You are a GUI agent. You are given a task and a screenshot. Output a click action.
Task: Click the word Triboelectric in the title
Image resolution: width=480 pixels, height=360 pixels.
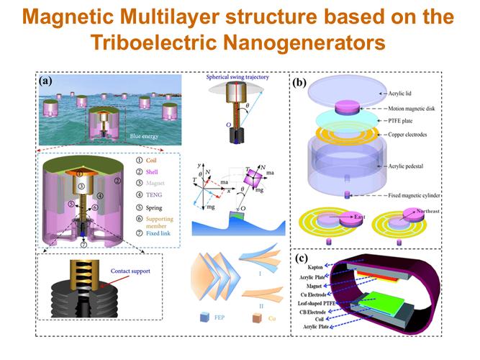click(157, 42)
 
